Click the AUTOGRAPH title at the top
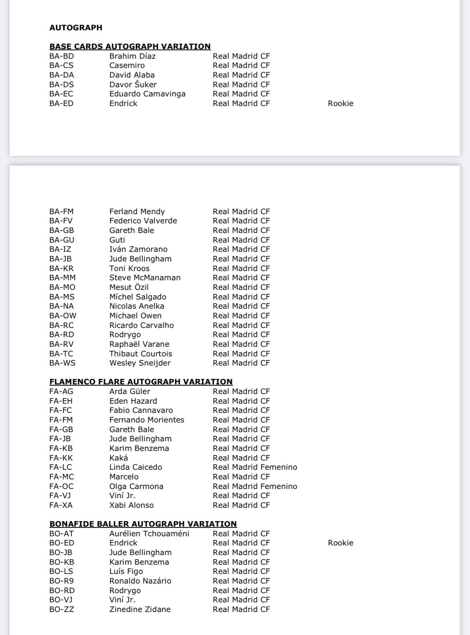pos(76,28)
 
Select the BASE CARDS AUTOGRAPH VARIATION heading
pos(130,46)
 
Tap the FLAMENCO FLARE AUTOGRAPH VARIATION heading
pos(141,382)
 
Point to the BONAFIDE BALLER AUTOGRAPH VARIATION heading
pos(143,524)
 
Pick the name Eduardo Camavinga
pos(147,94)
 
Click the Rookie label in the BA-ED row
pos(340,103)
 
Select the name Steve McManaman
pos(145,277)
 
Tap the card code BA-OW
pos(63,315)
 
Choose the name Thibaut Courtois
pos(141,353)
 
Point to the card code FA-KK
pos(61,458)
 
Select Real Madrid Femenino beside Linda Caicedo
pos(255,467)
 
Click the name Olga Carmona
pos(136,486)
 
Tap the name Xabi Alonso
pos(132,505)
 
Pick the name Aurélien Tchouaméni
pos(149,533)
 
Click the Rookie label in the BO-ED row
pos(340,543)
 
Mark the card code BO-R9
pos(62,581)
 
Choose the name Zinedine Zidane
pos(140,609)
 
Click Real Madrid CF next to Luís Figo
pos(241,571)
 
